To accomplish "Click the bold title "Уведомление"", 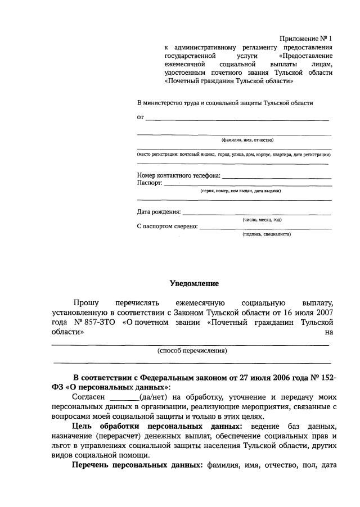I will click(x=194, y=283).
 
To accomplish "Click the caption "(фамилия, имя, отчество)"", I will click(x=247, y=140).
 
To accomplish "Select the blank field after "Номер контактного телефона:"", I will click(x=276, y=176).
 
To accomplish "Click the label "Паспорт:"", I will click(x=150, y=183).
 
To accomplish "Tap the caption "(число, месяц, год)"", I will click(x=262, y=220).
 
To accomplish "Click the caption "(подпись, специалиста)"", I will click(x=267, y=234).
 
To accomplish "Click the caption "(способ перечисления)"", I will click(x=192, y=350).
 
